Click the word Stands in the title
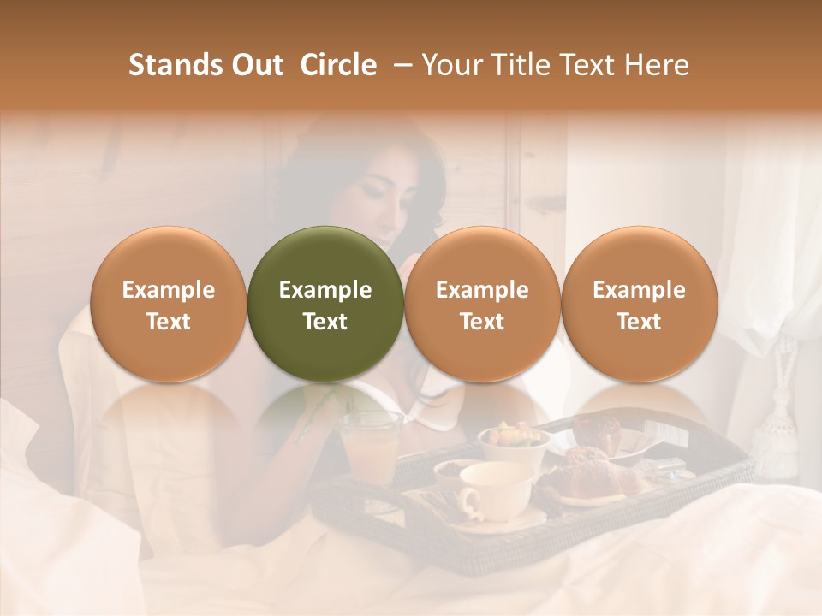point(169,65)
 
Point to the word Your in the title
point(450,65)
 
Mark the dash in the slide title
point(399,65)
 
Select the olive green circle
point(325,304)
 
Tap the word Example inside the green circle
point(325,290)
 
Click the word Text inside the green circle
point(325,322)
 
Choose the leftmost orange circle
point(169,304)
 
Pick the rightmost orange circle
point(639,304)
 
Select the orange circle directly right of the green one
point(482,304)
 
